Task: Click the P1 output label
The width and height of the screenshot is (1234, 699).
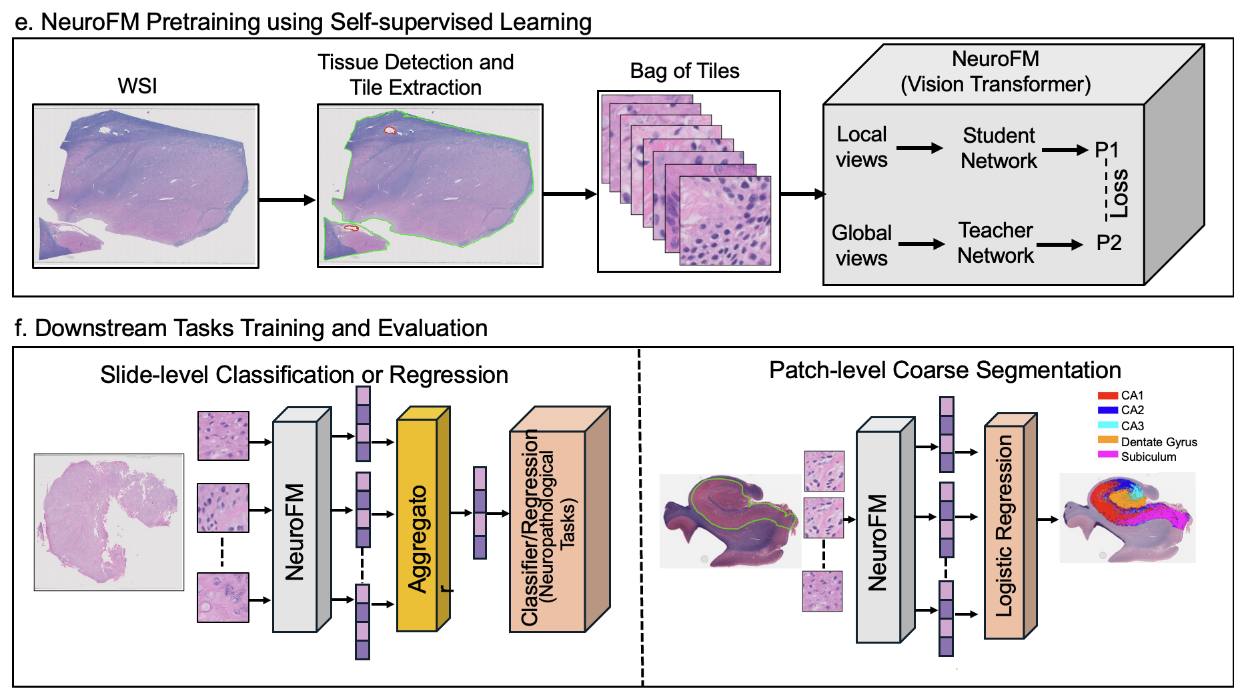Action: click(1106, 150)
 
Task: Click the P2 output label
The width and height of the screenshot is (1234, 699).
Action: click(1109, 243)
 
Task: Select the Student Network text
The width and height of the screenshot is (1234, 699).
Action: click(999, 148)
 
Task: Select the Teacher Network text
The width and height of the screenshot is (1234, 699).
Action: click(995, 243)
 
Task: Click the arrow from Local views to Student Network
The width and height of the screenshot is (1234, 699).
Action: click(918, 148)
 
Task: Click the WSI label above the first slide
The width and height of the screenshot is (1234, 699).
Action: click(137, 86)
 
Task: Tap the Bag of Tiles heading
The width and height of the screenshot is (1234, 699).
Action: click(684, 71)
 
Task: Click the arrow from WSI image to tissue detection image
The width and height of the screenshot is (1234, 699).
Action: click(287, 199)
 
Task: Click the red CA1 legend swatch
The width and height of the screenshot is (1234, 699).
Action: click(1107, 396)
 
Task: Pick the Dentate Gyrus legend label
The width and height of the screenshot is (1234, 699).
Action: click(1159, 442)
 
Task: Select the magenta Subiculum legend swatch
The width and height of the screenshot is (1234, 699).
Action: click(1107, 455)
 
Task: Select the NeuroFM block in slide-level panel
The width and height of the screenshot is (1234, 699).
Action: click(295, 527)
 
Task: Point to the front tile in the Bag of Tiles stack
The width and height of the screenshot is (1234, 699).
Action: click(725, 221)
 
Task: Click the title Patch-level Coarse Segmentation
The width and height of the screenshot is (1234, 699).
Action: click(945, 370)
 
